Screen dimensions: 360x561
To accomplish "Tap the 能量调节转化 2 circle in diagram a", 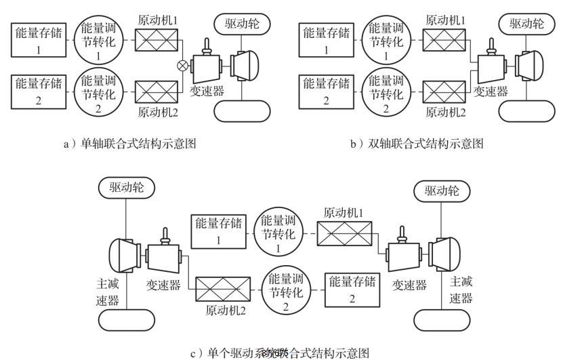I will [99, 92].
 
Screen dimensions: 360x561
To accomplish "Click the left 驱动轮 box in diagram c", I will [119, 189].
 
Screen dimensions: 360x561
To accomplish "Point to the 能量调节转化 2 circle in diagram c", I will [285, 289].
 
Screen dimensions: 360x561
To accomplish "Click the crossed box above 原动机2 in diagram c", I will [222, 289].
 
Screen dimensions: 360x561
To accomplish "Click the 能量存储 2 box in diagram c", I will [351, 289].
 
